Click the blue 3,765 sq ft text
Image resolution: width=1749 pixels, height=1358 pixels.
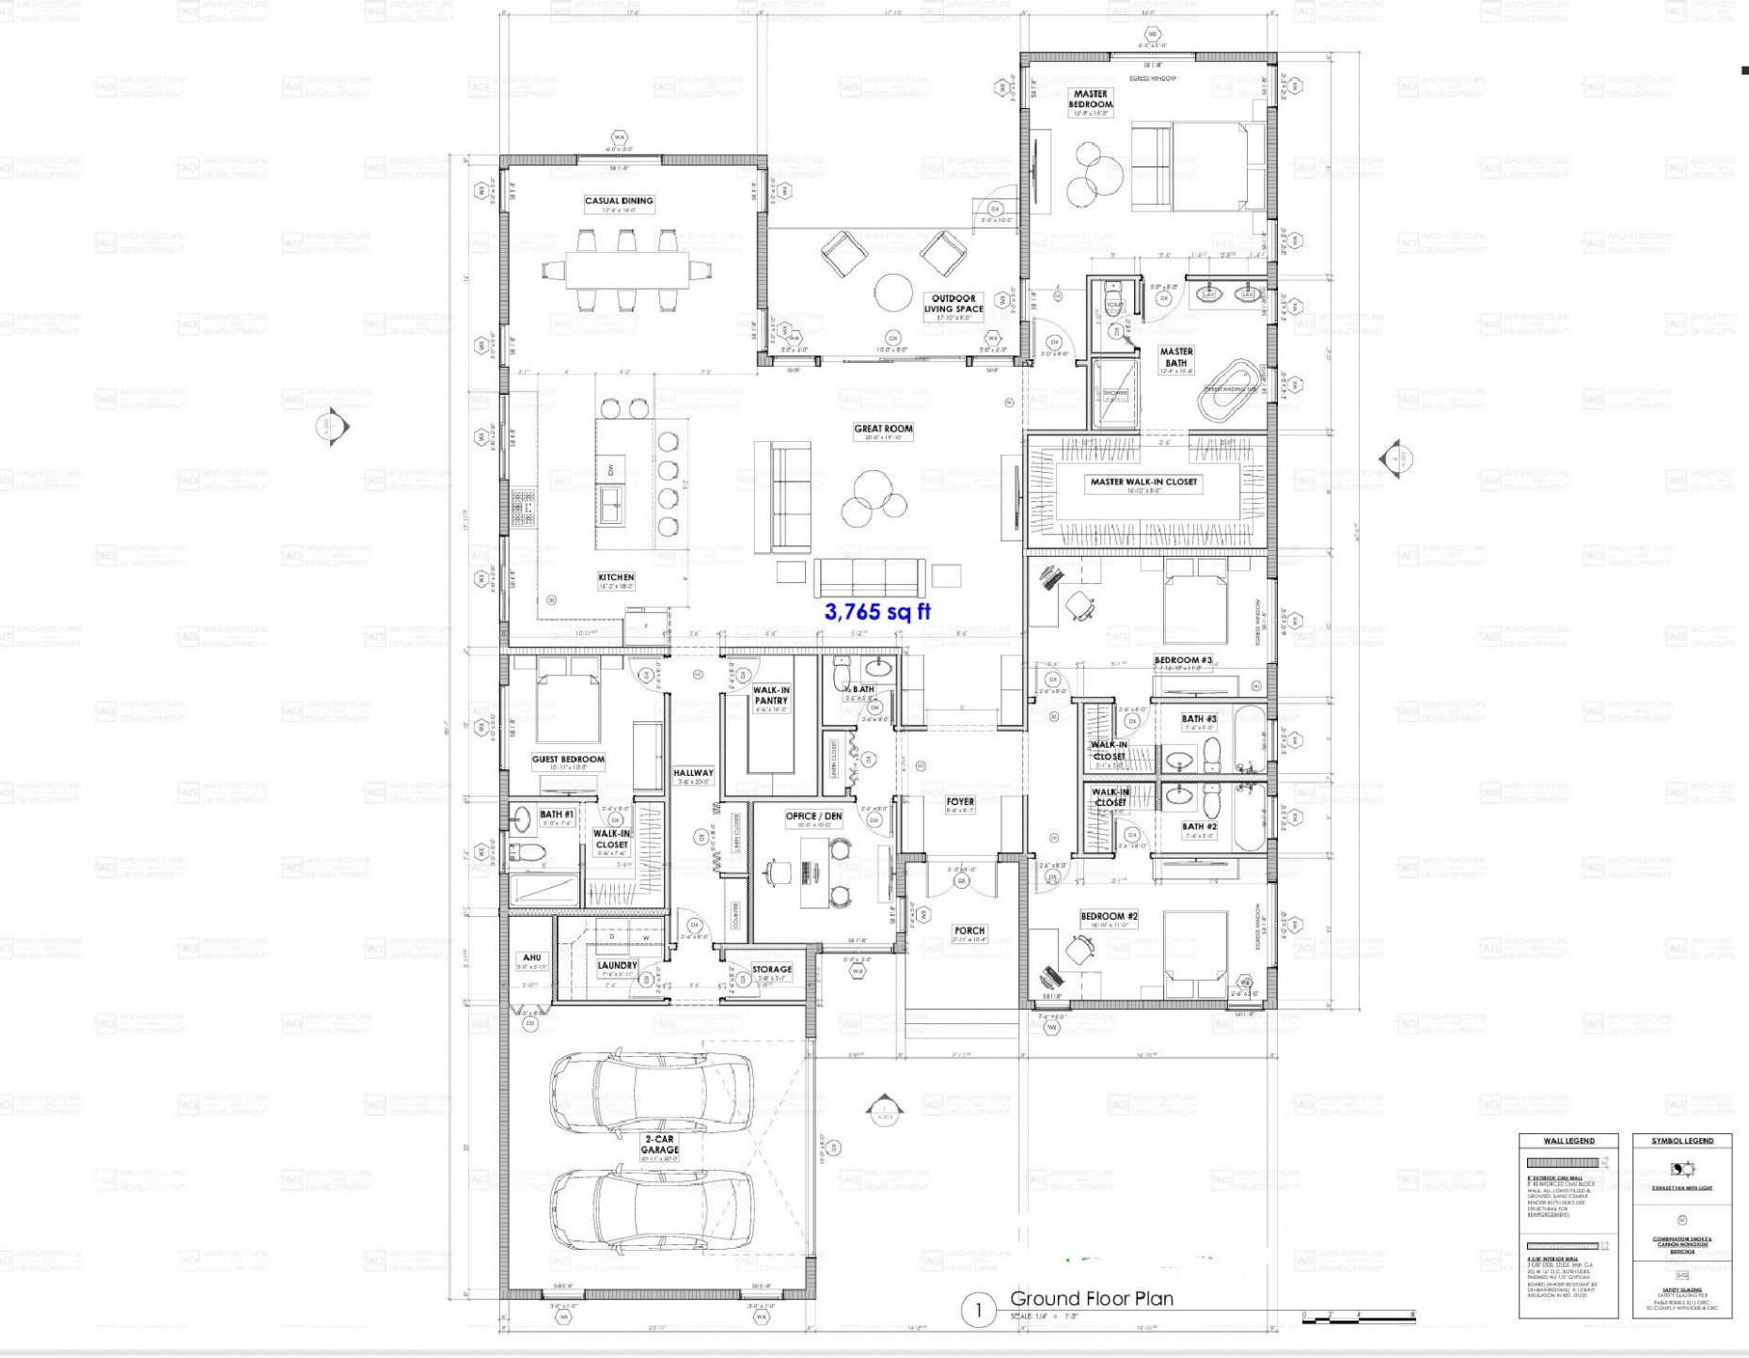point(877,612)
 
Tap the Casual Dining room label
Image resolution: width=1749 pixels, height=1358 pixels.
point(619,201)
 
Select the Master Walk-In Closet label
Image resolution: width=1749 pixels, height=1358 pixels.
point(1143,482)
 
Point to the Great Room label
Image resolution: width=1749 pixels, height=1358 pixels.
point(883,429)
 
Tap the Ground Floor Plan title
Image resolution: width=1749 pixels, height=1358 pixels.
point(1091,1299)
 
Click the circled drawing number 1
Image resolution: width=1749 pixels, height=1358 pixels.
point(978,1310)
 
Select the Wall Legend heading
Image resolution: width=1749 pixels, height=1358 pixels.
point(1568,1141)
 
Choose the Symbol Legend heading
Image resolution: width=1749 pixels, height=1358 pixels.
point(1681,1141)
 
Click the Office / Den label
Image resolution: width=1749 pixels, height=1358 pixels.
point(814,816)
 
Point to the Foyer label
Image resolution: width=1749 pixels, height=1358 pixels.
point(960,802)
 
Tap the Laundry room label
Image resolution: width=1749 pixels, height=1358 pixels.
point(617,966)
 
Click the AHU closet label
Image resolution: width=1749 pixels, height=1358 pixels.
point(530,958)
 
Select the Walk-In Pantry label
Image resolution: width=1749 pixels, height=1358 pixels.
point(771,695)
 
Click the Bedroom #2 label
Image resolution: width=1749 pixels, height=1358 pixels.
point(1109,916)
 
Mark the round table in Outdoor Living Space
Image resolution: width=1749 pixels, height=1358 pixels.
point(892,289)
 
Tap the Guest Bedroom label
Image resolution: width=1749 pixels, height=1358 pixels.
point(568,759)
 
